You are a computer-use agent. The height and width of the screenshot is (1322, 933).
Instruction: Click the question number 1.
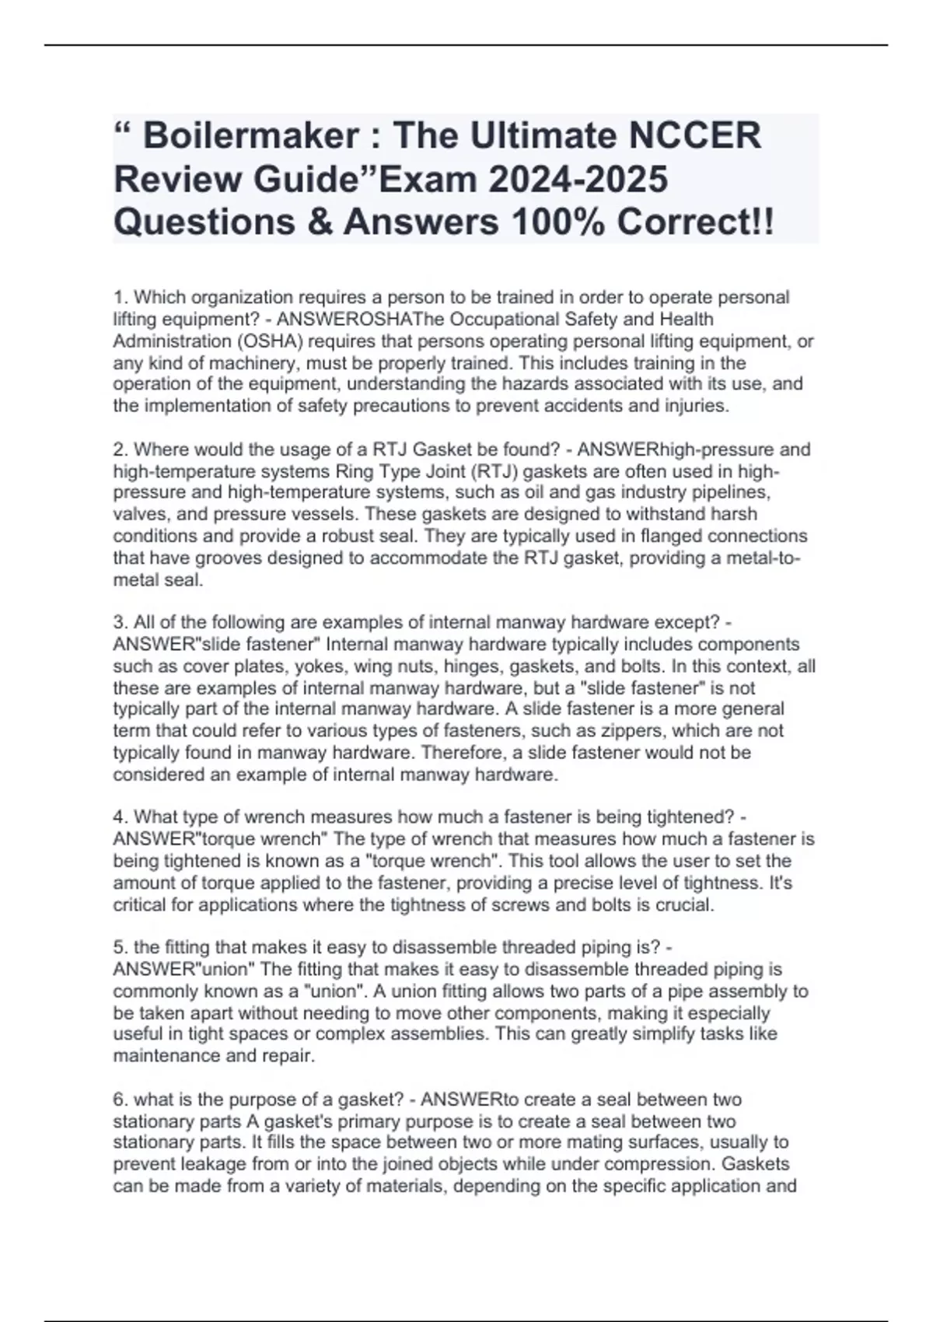(x=120, y=297)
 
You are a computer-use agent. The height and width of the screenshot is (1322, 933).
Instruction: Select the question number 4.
(x=120, y=817)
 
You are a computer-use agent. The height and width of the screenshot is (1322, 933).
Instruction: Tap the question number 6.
(x=120, y=1100)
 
